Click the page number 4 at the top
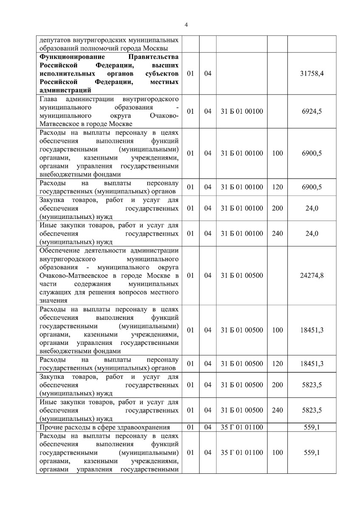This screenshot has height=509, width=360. pyautogui.click(x=186, y=24)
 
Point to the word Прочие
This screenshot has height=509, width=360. pyautogui.click(x=51, y=427)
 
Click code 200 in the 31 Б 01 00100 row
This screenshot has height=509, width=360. pyautogui.click(x=277, y=208)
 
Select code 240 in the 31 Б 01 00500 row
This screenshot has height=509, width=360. pyautogui.click(x=277, y=410)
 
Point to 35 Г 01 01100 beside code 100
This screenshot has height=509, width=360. pyautogui.click(x=242, y=453)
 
